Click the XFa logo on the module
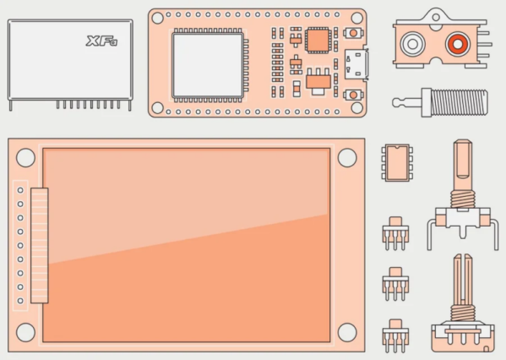pos(101,41)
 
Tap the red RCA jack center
pos(457,44)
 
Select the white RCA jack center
pos(412,44)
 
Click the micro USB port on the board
pos(356,64)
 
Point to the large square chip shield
pos(208,65)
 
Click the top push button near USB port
pos(353,33)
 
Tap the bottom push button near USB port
pos(353,95)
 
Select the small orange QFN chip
pos(318,40)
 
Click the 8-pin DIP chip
pos(397,163)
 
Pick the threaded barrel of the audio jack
pos(460,102)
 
